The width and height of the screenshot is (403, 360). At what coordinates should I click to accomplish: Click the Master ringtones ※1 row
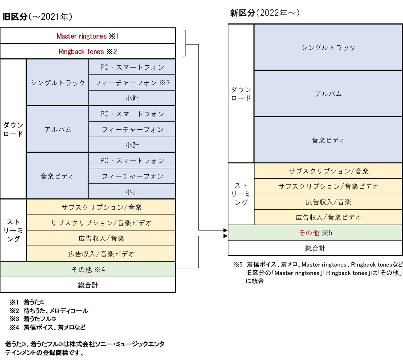[88, 36]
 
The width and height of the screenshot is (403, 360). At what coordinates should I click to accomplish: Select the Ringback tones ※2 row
[88, 51]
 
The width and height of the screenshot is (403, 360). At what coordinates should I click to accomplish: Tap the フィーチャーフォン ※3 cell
[132, 83]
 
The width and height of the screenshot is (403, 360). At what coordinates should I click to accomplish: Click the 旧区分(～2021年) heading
[37, 17]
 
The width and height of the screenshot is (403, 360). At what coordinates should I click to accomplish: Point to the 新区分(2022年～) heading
[265, 13]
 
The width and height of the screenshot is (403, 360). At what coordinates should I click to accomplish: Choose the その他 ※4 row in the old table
[88, 270]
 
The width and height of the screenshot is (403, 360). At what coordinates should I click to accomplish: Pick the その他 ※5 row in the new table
[315, 233]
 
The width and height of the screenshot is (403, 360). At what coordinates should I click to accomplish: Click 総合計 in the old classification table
[88, 285]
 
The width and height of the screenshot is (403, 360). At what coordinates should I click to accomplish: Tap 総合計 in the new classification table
[315, 248]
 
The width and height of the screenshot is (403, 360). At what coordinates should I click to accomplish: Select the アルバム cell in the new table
[328, 94]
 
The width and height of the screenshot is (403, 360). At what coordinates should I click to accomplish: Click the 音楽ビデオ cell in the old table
[58, 176]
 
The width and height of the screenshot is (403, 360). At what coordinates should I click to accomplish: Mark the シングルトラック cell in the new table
[328, 47]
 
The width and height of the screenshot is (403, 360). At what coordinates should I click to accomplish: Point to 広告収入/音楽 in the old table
[101, 238]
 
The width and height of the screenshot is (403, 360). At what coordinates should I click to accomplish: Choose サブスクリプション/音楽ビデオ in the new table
[328, 186]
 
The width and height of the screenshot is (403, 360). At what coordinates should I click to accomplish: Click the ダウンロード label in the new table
[241, 94]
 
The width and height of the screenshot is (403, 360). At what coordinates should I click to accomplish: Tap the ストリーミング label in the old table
[13, 230]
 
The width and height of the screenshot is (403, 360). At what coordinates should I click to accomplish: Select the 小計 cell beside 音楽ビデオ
[132, 192]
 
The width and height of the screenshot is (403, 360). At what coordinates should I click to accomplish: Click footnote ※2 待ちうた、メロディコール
[49, 311]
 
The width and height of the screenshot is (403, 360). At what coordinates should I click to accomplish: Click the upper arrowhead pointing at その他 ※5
[226, 230]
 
